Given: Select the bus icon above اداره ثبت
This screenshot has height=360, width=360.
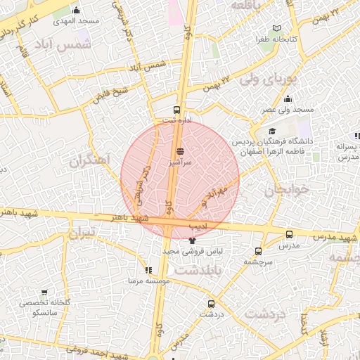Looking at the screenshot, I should (x=176, y=110).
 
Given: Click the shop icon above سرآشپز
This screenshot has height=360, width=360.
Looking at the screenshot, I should (x=180, y=150).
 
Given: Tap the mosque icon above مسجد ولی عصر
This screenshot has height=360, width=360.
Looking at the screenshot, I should (x=288, y=99).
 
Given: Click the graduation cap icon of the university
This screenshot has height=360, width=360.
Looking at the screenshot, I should (x=273, y=131).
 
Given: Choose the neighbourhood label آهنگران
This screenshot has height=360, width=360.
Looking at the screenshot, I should (x=91, y=161).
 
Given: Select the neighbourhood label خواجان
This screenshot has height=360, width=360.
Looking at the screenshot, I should (x=287, y=190).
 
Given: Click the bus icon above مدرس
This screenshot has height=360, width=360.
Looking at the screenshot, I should (x=289, y=234).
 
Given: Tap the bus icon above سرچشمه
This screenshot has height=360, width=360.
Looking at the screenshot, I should (x=258, y=250).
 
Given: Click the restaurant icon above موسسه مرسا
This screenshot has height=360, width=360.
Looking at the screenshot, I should (x=148, y=270).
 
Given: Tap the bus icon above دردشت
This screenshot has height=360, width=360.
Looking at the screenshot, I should (x=211, y=304).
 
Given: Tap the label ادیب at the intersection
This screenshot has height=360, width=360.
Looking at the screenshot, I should (x=198, y=226).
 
